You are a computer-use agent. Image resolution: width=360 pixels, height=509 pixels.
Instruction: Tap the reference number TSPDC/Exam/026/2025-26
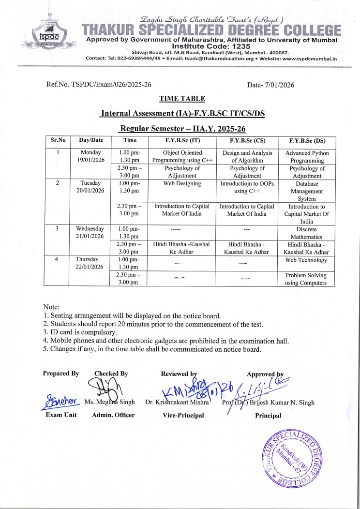click(99, 85)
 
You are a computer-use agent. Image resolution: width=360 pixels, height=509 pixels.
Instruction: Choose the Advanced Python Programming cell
click(307, 157)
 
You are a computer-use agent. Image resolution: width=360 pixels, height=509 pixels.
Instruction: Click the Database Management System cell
click(307, 191)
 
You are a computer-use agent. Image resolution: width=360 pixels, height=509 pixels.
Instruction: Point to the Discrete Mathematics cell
click(307, 233)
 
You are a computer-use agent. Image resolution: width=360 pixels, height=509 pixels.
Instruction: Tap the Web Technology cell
click(307, 260)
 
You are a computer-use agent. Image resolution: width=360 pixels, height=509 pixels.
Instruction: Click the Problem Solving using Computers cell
click(307, 279)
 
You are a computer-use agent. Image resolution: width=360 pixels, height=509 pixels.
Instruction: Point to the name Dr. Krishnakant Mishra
click(177, 403)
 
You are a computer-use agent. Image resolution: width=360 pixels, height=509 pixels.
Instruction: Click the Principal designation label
click(268, 415)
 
